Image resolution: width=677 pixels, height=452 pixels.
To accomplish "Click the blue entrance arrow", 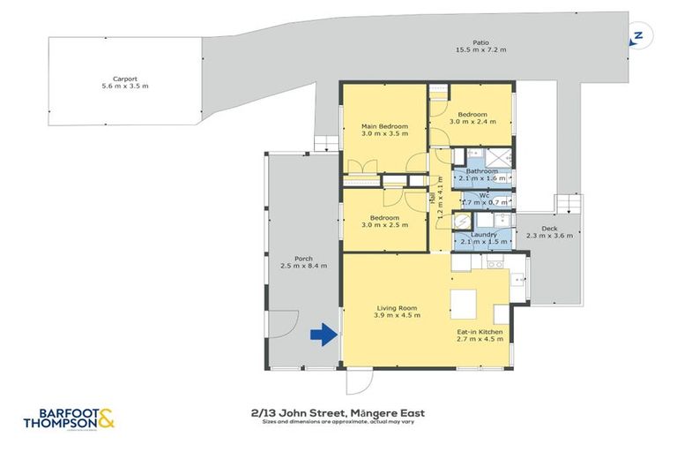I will click(324, 335).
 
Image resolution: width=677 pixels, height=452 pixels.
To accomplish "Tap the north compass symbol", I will click(636, 36).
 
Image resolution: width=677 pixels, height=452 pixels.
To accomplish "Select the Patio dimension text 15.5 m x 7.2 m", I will click(480, 49).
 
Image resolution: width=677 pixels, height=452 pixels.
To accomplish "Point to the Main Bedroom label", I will click(384, 127).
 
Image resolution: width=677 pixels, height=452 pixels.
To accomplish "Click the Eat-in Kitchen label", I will click(480, 332).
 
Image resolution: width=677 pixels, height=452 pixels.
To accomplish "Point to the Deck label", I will click(549, 229).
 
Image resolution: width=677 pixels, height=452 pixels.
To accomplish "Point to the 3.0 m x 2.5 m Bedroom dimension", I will click(384, 225).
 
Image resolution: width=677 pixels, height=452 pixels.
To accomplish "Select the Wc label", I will click(484, 196).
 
